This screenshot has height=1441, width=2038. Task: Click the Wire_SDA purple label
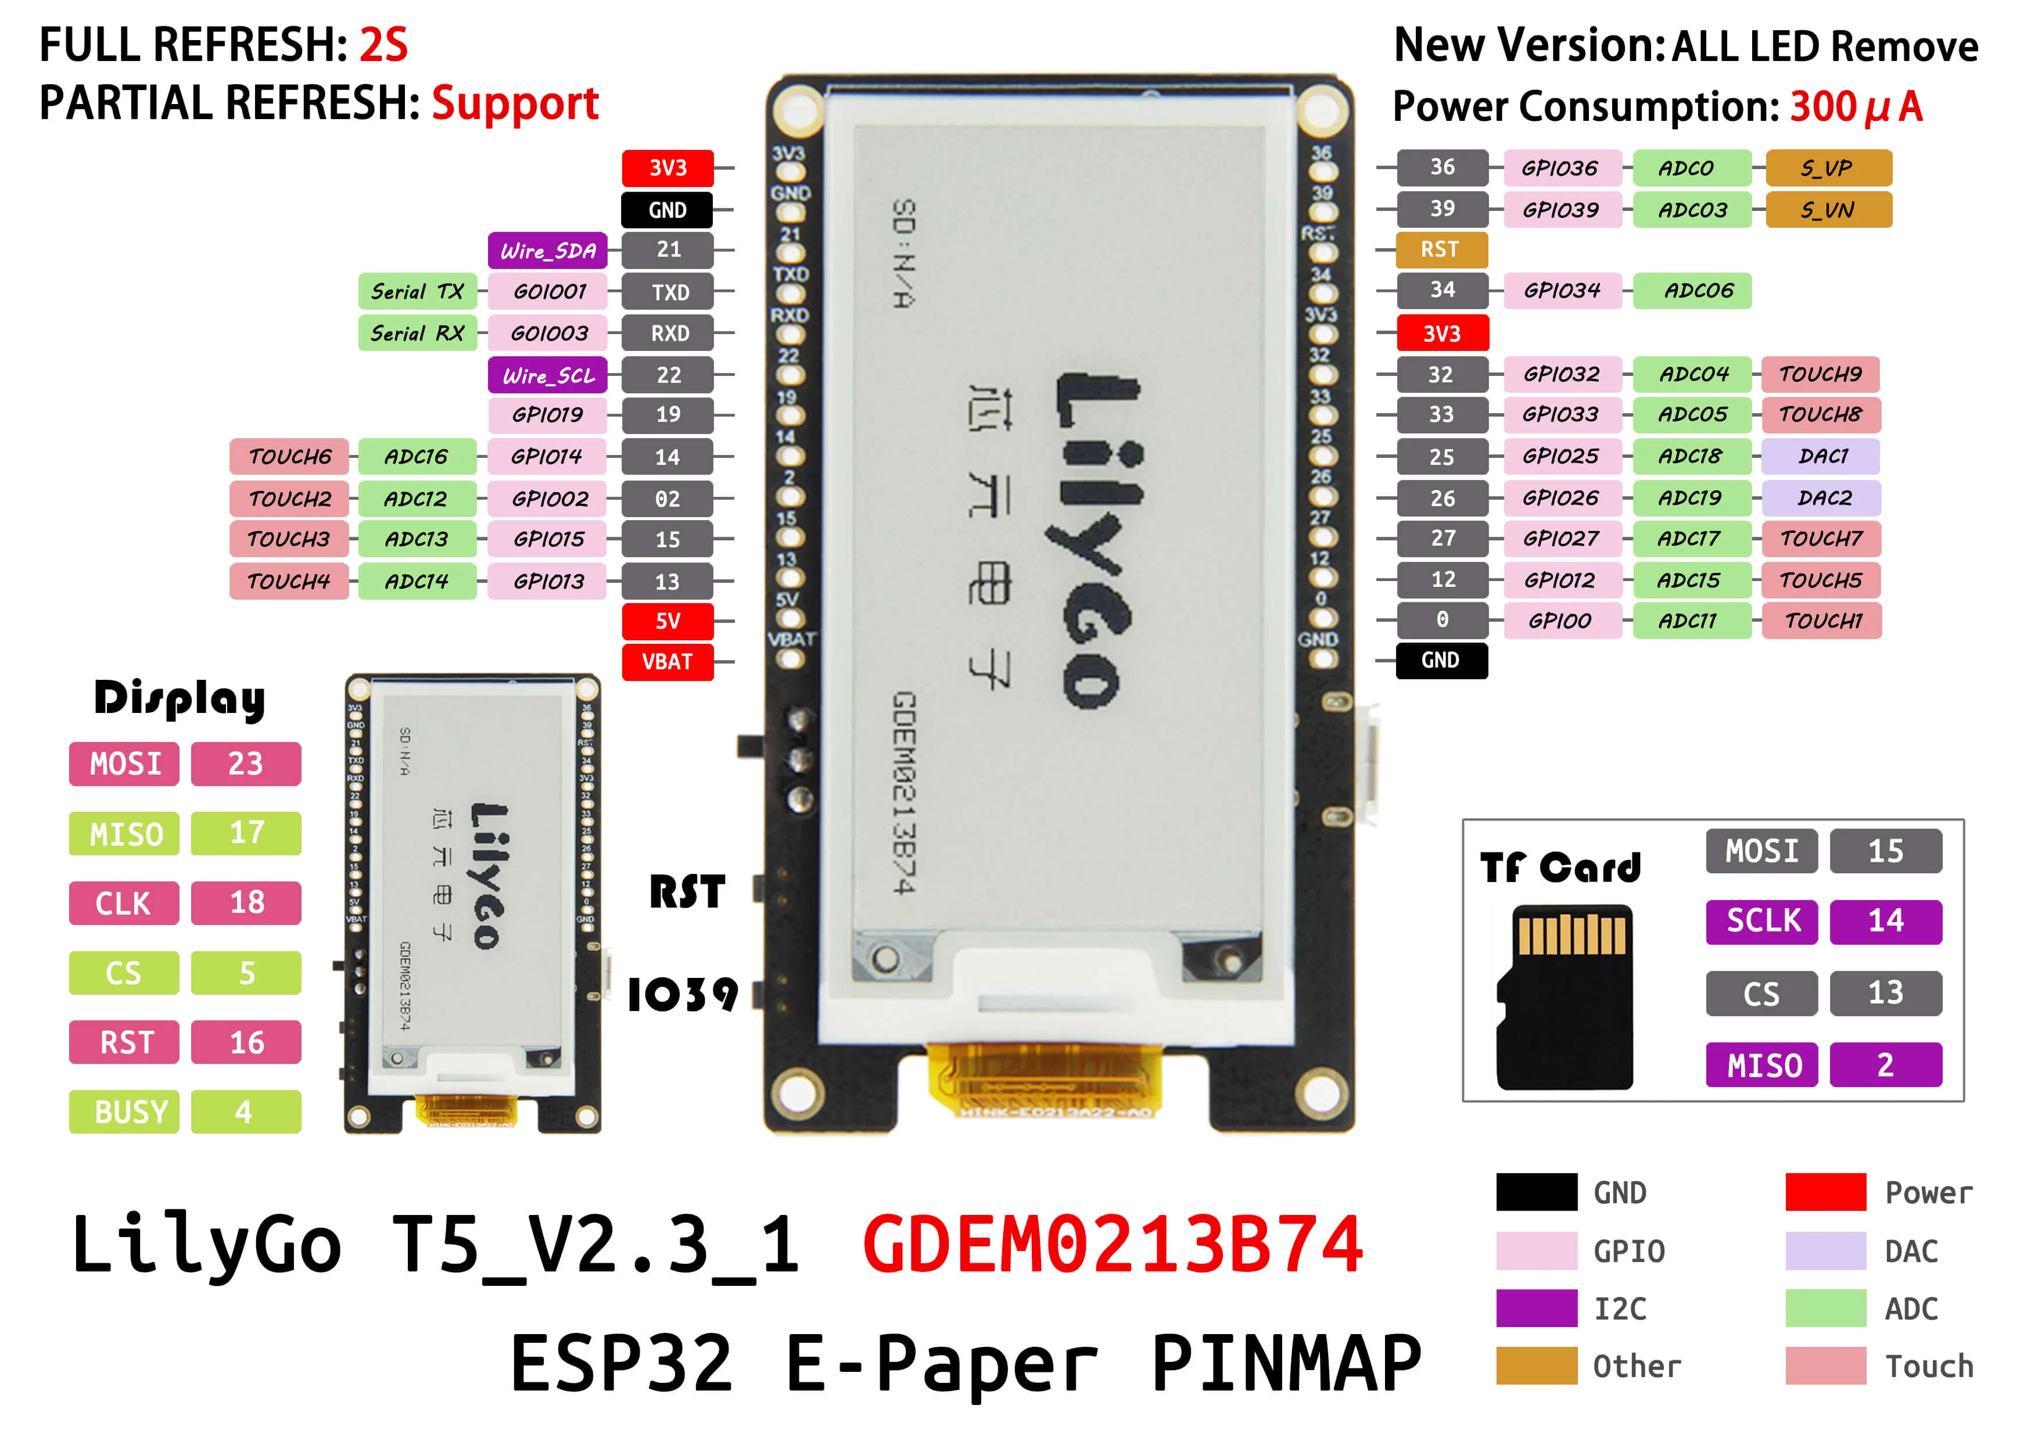(548, 250)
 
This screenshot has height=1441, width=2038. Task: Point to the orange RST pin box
(1441, 249)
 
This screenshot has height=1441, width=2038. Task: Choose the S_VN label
(1828, 210)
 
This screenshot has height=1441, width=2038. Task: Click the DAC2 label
(1824, 497)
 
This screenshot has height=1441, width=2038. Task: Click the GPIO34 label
(1562, 291)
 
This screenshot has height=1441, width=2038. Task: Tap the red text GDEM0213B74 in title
(1112, 1245)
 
